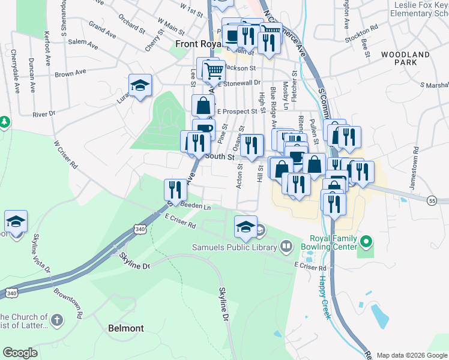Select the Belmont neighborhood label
(x=126, y=328)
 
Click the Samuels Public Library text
(x=234, y=247)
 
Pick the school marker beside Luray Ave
(x=140, y=86)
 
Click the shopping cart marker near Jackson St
(x=212, y=71)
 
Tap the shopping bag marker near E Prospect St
(x=203, y=106)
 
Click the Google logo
(x=20, y=353)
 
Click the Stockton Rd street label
(x=366, y=28)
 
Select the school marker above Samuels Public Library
(x=246, y=227)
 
